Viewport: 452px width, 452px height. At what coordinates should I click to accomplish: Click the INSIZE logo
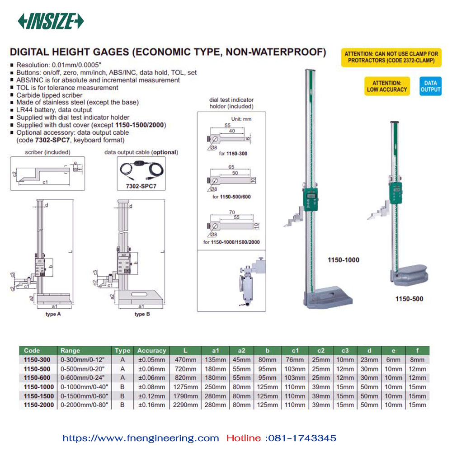click(x=51, y=21)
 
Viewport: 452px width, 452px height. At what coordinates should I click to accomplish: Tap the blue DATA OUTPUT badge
click(x=430, y=86)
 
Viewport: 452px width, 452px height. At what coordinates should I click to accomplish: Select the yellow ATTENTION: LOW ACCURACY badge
click(x=387, y=86)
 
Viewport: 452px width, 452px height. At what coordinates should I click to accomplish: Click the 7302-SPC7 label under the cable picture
click(x=141, y=186)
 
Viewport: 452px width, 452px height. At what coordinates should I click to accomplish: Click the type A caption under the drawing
click(x=53, y=314)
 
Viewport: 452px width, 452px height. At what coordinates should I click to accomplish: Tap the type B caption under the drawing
click(x=142, y=314)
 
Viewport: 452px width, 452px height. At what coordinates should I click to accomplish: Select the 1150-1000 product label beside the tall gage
click(x=344, y=260)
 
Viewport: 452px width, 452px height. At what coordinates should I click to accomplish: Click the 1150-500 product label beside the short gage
click(x=409, y=299)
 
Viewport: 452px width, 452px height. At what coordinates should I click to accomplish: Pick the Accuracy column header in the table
click(x=151, y=351)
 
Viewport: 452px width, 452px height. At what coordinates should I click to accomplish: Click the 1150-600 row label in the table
click(x=37, y=377)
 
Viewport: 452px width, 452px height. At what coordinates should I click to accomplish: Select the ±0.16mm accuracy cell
click(x=151, y=405)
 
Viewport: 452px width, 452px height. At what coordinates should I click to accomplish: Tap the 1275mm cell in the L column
click(x=185, y=387)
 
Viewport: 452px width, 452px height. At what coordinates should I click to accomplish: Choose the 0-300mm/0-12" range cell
click(x=82, y=360)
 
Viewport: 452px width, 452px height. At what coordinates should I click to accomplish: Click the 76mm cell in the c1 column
click(x=295, y=360)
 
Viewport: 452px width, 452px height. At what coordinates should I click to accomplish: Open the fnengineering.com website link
click(x=141, y=438)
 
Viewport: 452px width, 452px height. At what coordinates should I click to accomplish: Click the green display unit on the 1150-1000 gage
click(x=311, y=199)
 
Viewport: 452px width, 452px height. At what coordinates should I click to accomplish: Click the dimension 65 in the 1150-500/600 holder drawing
click(x=231, y=167)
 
